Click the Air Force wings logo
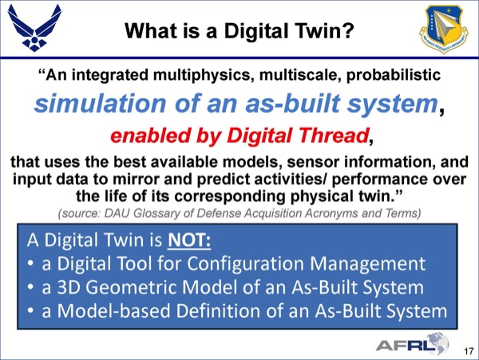[x=34, y=28]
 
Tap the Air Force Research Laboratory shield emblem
[x=444, y=29]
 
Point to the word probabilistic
[x=394, y=75]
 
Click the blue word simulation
[x=100, y=103]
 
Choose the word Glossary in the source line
[x=156, y=213]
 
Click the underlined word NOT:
[x=189, y=240]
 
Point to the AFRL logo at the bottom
[x=412, y=344]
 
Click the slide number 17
[x=469, y=351]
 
